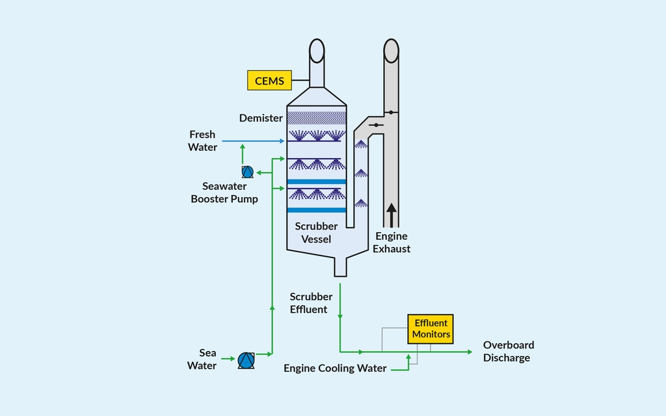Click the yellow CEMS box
tap(269, 81)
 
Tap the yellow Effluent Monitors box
tap(431, 329)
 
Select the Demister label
tap(261, 118)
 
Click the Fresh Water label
tap(202, 141)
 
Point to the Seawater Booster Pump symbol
tap(247, 172)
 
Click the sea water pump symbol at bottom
tap(246, 359)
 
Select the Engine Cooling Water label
tap(335, 369)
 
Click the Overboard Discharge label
tap(508, 352)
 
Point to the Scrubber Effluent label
tap(311, 303)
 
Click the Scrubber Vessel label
tap(316, 233)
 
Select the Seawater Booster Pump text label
tap(224, 193)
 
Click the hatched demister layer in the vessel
tap(316, 118)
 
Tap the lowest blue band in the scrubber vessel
tap(316, 210)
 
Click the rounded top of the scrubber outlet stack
tap(317, 50)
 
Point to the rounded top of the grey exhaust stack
tap(391, 50)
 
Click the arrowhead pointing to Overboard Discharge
tap(469, 352)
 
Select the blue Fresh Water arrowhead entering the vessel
tap(283, 141)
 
